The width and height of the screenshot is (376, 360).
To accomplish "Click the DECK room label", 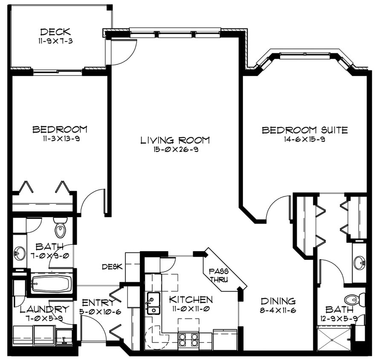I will pos(55,32).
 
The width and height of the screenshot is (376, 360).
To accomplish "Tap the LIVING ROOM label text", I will pos(175,140).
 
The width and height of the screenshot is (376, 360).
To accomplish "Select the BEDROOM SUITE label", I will pos(305,130).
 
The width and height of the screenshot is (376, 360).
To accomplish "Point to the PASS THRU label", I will pos(218,276).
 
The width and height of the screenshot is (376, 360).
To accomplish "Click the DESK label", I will pos(112,267).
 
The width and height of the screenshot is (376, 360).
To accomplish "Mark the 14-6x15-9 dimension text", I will pos(305,139).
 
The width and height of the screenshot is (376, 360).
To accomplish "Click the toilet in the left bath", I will pos(61,228).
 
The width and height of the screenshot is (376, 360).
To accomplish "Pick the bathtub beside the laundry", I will pos(51,284).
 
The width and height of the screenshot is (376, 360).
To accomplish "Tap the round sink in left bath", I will pos(20,253).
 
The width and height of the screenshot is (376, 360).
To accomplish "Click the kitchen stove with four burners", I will pos(188,340).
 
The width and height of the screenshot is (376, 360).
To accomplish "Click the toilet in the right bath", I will pos(353,299).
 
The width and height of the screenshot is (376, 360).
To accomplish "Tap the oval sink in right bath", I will pos(359,262).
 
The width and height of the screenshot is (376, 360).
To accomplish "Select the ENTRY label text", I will pos(98,302).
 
